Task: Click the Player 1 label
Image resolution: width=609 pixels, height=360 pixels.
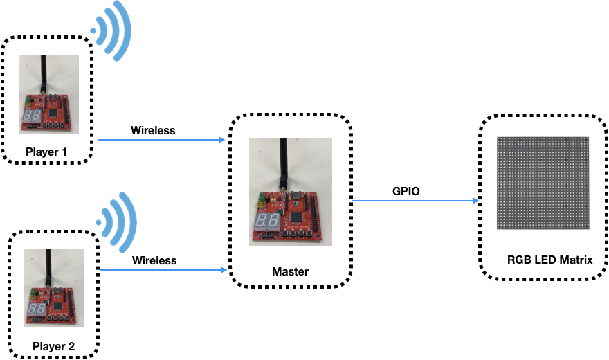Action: [46, 152]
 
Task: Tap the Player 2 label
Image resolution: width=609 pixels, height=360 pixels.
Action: [53, 346]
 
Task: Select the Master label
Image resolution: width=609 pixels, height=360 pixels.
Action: [290, 271]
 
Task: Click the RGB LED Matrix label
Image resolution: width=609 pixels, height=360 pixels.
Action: [549, 260]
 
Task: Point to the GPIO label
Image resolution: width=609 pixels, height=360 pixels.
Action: [406, 191]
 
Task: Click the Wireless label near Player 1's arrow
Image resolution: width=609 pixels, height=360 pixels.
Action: [153, 130]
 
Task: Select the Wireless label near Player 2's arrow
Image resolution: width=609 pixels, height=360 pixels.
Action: [154, 260]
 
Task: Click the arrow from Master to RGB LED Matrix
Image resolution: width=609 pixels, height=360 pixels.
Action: [415, 201]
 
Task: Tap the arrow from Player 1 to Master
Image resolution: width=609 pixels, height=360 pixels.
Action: [161, 140]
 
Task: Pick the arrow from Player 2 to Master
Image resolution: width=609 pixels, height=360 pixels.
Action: [163, 270]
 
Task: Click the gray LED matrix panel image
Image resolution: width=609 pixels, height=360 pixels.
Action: [543, 183]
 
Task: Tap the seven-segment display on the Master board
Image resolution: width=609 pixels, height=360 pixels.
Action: [267, 221]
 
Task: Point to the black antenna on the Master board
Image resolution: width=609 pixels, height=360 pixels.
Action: [283, 164]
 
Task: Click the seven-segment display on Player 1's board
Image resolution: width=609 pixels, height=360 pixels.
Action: [31, 116]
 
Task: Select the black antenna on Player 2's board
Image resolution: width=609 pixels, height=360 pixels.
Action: [48, 267]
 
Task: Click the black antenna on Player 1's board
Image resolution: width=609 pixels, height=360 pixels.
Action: [44, 75]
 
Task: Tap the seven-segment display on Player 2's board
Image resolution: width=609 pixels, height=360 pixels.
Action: [37, 309]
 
